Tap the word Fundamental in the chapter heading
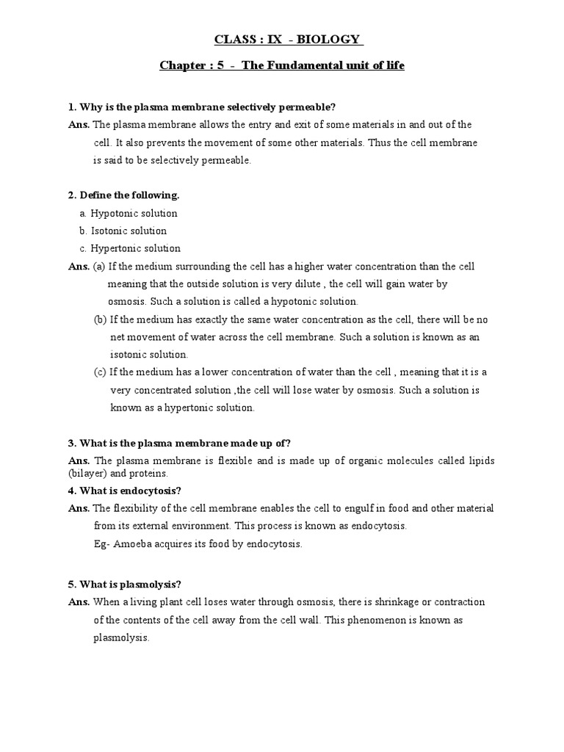click(299, 65)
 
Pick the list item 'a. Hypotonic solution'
click(129, 213)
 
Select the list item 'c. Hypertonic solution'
click(129, 248)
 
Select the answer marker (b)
click(100, 319)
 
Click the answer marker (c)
click(100, 372)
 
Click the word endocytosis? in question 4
click(150, 491)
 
